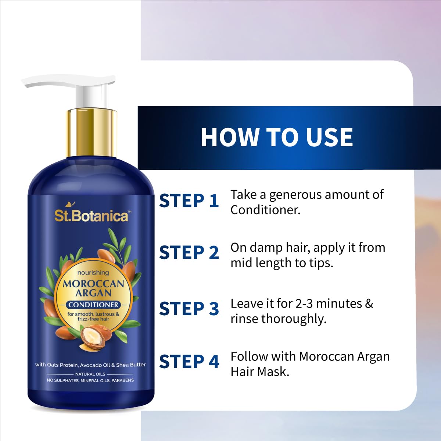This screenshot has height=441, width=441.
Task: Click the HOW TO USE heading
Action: pos(277,137)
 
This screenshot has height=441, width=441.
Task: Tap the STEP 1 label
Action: pos(189,201)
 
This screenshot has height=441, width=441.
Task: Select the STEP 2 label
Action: pos(189,252)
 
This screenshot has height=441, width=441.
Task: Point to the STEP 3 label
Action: pos(189,308)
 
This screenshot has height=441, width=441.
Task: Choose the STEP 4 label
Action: pos(189,362)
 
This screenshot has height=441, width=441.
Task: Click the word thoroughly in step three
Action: pos(294,319)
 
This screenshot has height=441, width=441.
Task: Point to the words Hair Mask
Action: pos(260,372)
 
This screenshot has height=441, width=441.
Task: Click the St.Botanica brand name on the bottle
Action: pos(92,216)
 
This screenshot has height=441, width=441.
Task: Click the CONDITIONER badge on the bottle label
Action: pos(93,305)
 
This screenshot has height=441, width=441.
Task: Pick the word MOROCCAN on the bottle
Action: pos(93,284)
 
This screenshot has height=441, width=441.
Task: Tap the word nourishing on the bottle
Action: pos(93,273)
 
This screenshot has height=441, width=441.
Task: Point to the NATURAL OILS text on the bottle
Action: pos(90,374)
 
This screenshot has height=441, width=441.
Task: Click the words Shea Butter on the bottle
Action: pos(131,365)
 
